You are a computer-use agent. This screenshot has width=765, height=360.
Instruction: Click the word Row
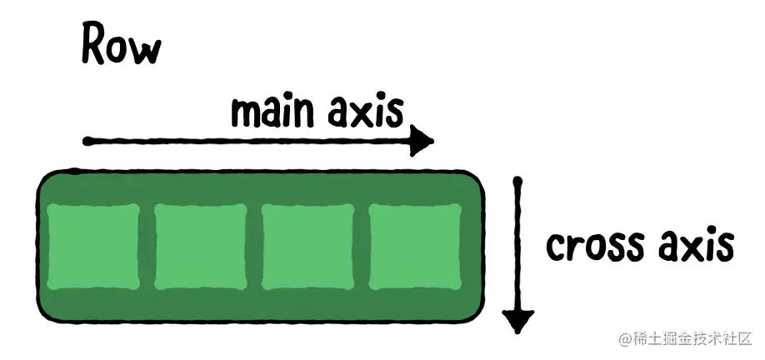[x=121, y=45]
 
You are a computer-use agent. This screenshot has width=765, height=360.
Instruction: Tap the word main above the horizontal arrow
[x=272, y=112]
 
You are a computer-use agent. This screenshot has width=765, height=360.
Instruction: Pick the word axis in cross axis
[x=695, y=246]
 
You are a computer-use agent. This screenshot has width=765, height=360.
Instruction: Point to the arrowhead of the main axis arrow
[x=422, y=142]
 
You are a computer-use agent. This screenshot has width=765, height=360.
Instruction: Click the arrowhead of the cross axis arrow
[x=518, y=319]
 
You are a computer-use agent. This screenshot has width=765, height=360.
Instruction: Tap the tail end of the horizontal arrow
[x=87, y=142]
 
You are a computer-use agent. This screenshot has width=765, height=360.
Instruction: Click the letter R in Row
[x=95, y=44]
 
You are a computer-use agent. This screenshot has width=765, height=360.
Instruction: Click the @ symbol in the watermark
[x=623, y=340]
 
